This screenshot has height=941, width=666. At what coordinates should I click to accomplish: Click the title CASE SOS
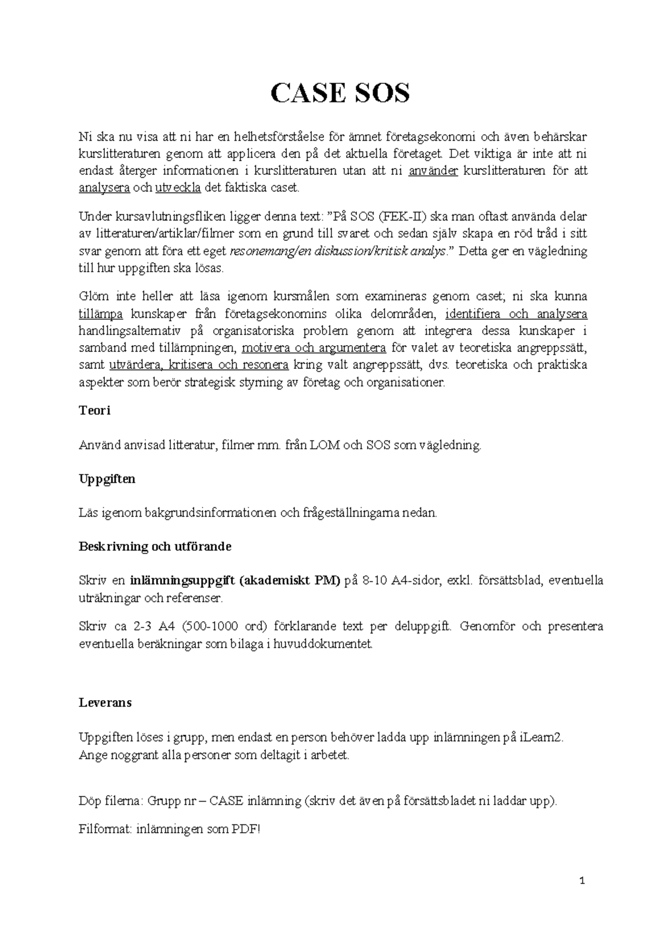[340, 93]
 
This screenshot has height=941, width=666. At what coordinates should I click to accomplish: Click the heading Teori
[94, 411]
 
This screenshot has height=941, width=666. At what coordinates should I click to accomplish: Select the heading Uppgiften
[107, 479]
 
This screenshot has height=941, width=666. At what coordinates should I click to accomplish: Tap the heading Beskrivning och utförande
[155, 547]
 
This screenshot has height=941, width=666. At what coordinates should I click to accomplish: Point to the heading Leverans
[105, 702]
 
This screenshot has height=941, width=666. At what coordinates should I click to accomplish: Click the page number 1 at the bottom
[582, 881]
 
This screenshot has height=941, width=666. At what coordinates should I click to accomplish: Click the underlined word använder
[433, 170]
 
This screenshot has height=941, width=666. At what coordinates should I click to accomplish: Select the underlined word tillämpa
[100, 314]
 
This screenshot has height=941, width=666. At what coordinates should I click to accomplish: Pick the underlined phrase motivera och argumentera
[314, 348]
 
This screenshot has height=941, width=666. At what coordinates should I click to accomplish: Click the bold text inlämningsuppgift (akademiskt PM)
[234, 581]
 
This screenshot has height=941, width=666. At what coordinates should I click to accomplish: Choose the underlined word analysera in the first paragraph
[104, 188]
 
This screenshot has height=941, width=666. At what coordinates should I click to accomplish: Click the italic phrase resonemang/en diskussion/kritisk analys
[337, 251]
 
